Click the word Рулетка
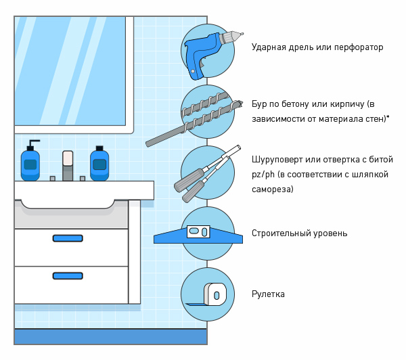[268, 294]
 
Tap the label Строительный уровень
[299, 233]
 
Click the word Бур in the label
[259, 104]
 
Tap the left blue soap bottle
[30, 164]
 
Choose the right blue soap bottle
[99, 164]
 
